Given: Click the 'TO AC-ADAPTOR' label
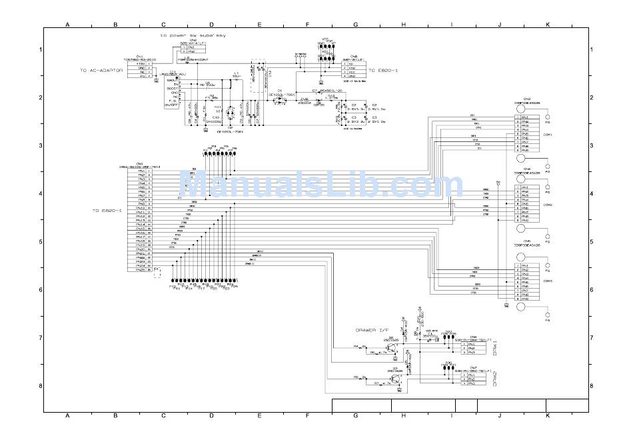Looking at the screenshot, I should (101, 70).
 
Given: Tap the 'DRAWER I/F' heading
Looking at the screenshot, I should (374, 331).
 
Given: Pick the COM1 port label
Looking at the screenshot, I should (548, 134).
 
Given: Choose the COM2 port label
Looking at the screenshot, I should (548, 205).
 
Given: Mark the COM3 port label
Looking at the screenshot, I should (548, 281).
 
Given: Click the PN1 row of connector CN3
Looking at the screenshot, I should (141, 171).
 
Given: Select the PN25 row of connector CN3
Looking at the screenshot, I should (141, 270).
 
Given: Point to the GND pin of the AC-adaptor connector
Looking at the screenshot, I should (141, 68).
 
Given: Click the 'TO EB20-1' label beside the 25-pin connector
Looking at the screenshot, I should (107, 210).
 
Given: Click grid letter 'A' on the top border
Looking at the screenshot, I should (67, 25).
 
